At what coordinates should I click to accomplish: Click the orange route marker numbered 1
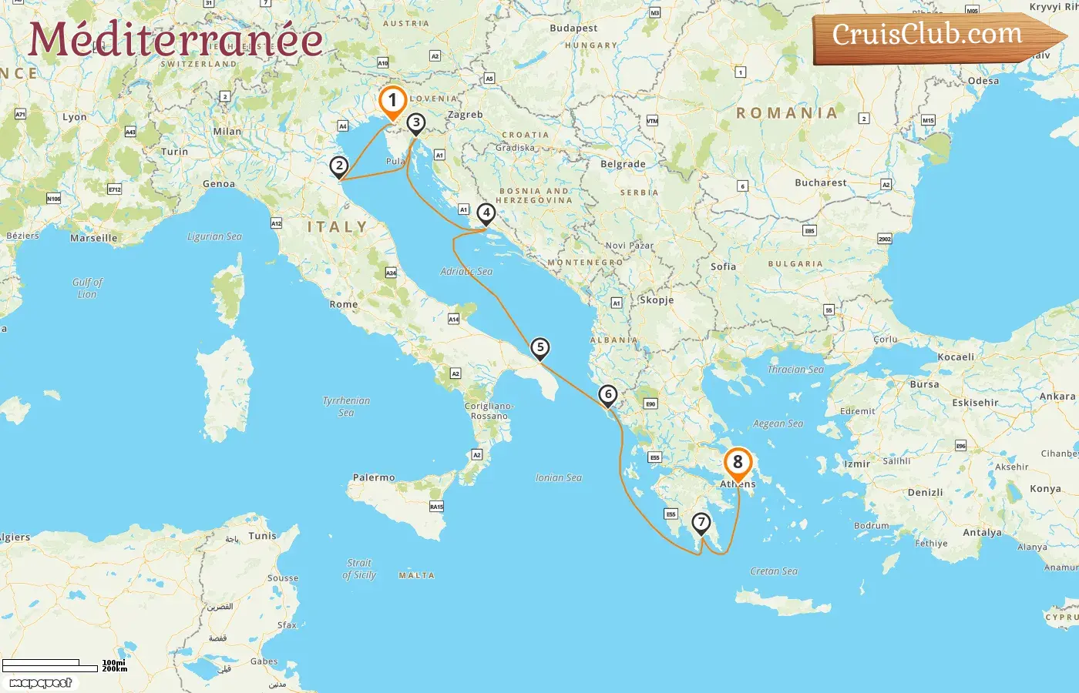pyautogui.click(x=392, y=101)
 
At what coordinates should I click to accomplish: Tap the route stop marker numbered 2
pyautogui.click(x=338, y=166)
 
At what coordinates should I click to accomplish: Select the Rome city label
pyautogui.click(x=344, y=304)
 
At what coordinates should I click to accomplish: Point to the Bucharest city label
pyautogui.click(x=820, y=182)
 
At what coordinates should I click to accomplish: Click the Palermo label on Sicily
pyautogui.click(x=374, y=477)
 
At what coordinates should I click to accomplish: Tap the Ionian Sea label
pyautogui.click(x=559, y=477)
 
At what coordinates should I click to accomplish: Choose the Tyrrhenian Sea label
pyautogui.click(x=346, y=407)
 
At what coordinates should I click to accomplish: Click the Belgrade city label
pyautogui.click(x=623, y=164)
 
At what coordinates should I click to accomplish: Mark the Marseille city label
pyautogui.click(x=94, y=238)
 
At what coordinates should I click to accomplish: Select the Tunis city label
pyautogui.click(x=262, y=535)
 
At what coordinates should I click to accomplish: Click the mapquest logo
pyautogui.click(x=41, y=682)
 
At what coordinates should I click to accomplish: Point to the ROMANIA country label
pyautogui.click(x=787, y=113)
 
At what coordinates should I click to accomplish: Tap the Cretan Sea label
pyautogui.click(x=774, y=571)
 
